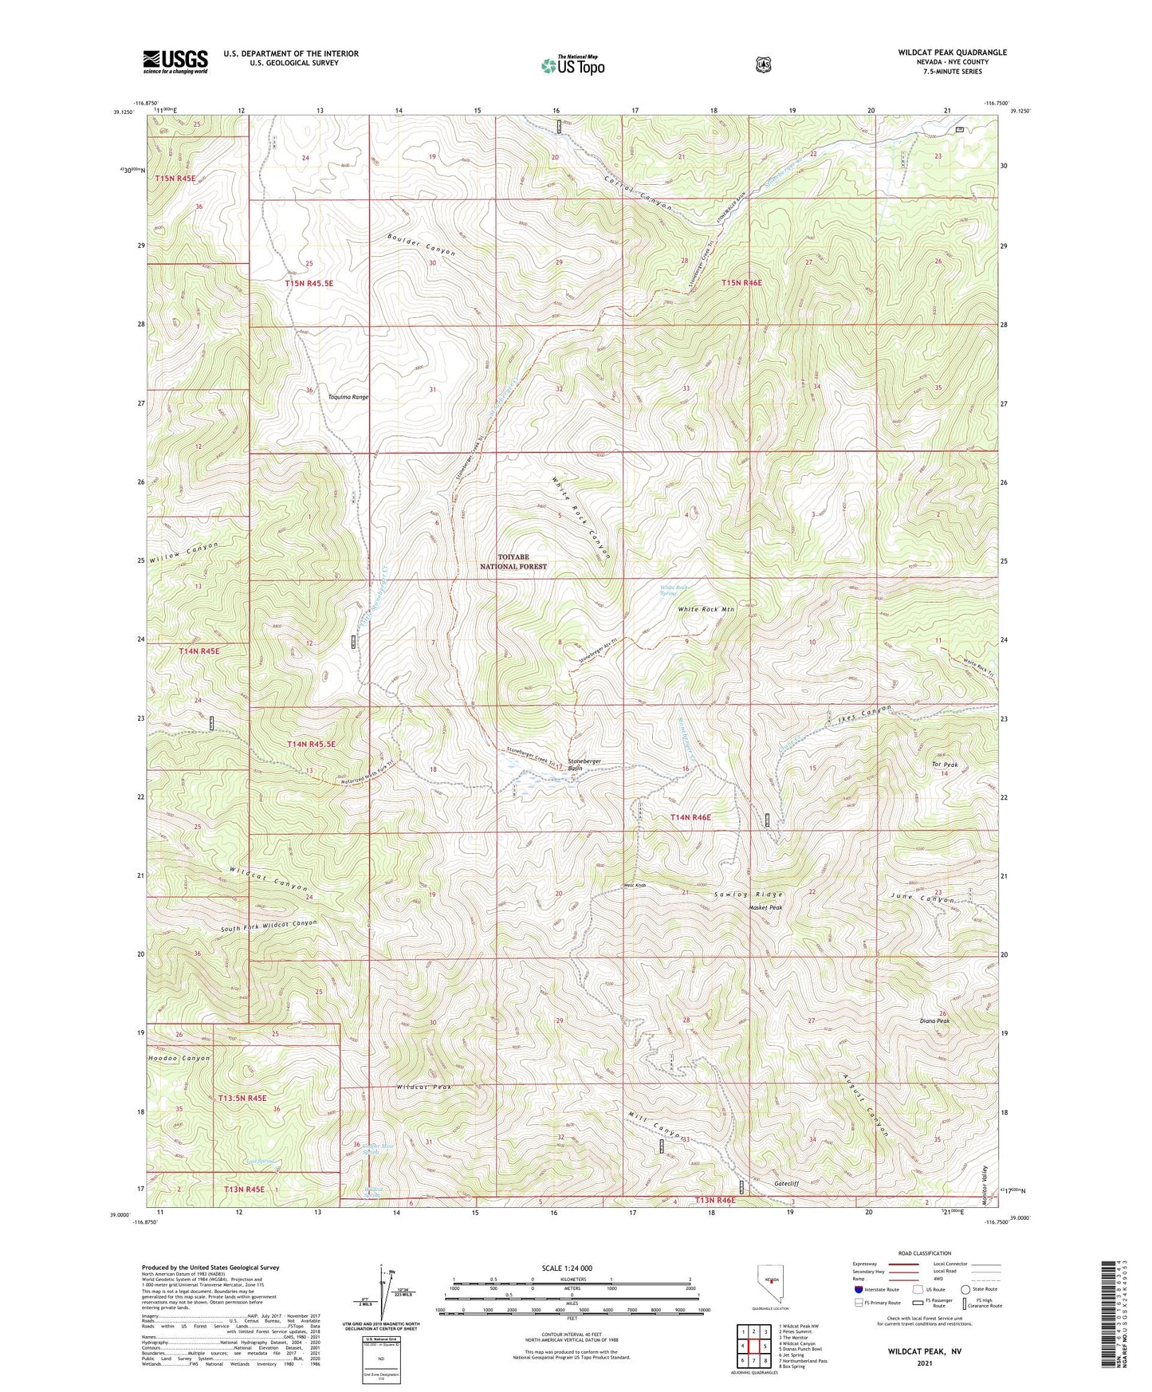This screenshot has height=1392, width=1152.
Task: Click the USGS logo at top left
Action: click(x=175, y=61)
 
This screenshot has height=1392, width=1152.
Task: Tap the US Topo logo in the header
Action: click(x=572, y=65)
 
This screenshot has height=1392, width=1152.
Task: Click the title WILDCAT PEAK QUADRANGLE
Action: click(x=952, y=53)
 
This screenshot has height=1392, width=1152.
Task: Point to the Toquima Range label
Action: click(x=348, y=396)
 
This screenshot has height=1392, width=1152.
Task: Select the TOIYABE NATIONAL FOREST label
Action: click(x=513, y=561)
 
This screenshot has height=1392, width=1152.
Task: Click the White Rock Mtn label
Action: click(x=706, y=609)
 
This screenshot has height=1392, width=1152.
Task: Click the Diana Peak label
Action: click(x=934, y=1021)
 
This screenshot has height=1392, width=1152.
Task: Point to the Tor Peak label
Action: click(x=945, y=765)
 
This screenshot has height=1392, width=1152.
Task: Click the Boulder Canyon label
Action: click(x=422, y=245)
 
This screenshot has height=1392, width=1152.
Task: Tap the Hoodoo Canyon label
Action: click(x=179, y=1059)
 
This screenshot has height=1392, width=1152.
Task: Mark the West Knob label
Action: click(x=635, y=886)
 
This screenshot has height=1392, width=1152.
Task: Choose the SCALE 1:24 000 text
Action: click(x=567, y=1268)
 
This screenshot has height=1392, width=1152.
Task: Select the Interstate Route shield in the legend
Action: click(x=858, y=1288)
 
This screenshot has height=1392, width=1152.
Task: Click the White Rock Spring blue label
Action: click(x=674, y=591)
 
